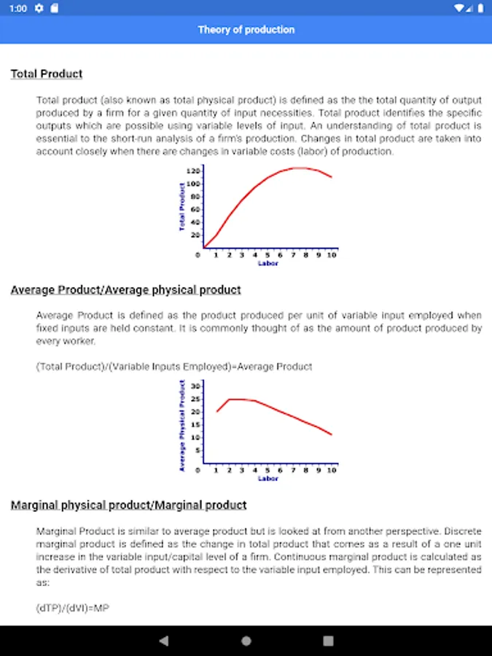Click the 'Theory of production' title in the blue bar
(246, 30)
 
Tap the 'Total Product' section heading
(47, 74)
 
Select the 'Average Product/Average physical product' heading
(125, 289)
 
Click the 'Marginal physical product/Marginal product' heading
(128, 504)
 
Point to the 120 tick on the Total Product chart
(192, 171)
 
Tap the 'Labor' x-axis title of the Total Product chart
(268, 263)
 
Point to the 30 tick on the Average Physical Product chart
(195, 385)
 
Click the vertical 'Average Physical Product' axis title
(182, 425)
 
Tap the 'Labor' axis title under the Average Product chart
(268, 479)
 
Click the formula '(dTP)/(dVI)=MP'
(73, 607)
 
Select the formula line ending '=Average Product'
(174, 367)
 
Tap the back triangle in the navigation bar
(164, 641)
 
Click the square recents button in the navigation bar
(328, 641)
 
